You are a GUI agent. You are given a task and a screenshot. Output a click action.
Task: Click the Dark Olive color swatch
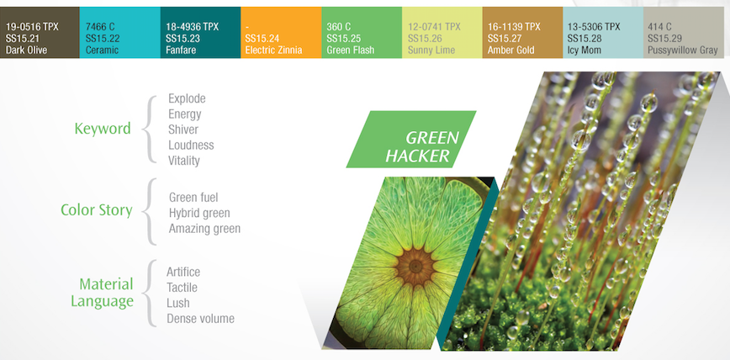[x=40, y=34]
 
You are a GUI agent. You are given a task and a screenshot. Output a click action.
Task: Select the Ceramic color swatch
[x=119, y=34]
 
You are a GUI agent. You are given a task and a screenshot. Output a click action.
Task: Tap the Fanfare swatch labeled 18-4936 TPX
[x=200, y=34]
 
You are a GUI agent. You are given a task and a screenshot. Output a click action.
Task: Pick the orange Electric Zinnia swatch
[x=281, y=34]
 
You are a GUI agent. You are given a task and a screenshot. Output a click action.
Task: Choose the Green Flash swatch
[x=362, y=34]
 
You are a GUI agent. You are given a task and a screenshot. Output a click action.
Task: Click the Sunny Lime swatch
[x=442, y=34]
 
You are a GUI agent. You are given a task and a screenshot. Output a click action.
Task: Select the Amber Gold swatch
[x=522, y=34]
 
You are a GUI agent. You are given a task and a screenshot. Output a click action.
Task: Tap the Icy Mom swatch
[x=602, y=34]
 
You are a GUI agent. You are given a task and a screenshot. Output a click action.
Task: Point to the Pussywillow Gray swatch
[x=683, y=34]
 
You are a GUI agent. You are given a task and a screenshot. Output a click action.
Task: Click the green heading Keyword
[x=103, y=129]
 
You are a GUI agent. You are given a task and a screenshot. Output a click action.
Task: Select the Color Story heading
[x=96, y=209]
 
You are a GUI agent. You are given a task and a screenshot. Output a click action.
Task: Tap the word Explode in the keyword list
[x=187, y=98]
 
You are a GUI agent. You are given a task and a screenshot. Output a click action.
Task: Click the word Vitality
[x=184, y=161]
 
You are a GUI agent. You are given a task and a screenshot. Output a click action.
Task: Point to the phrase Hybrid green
[x=199, y=213]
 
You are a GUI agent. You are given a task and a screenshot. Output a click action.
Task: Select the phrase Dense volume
[x=200, y=319]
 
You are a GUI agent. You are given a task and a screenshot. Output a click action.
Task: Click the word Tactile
[x=182, y=288]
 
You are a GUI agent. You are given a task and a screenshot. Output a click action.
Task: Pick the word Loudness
[x=191, y=146]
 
